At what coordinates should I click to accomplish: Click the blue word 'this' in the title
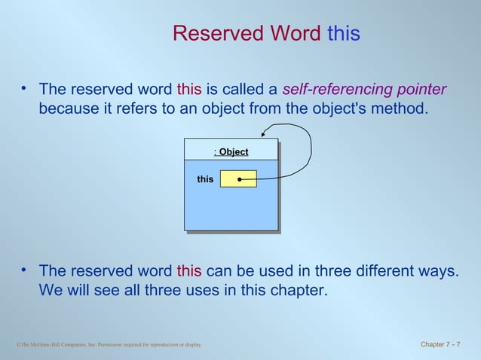343,34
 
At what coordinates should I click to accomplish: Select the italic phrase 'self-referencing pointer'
364,89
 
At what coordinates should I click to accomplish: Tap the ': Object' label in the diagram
231,152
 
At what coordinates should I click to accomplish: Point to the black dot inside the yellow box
239,179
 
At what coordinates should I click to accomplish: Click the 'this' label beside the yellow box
205,179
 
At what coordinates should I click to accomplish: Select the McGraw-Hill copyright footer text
109,346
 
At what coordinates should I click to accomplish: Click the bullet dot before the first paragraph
24,90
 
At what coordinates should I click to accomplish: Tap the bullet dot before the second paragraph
24,270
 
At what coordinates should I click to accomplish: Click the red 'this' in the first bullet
189,89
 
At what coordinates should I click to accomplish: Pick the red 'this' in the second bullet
189,270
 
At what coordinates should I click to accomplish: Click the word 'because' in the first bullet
69,109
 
